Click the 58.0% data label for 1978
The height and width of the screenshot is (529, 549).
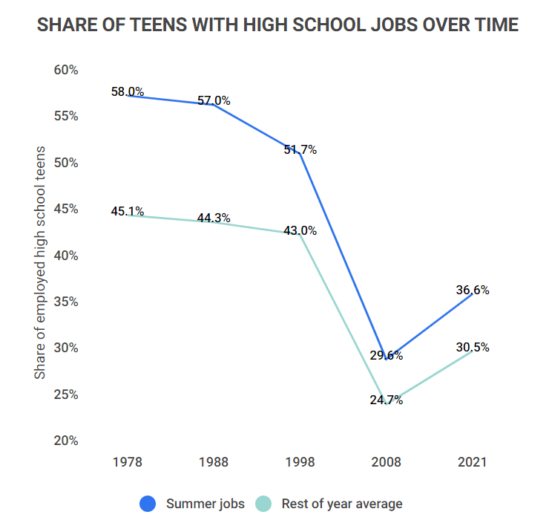point(128,92)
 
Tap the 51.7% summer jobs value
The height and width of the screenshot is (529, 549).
point(300,149)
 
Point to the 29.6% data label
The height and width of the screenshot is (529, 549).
point(386,355)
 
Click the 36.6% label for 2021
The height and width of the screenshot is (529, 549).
point(472,290)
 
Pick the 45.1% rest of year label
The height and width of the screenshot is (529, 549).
point(128,211)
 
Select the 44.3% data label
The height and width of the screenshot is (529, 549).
point(214,218)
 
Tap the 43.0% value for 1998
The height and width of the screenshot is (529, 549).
point(300,230)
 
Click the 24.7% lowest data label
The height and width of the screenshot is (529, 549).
point(386,400)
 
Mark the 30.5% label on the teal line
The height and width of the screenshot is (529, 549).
point(472,347)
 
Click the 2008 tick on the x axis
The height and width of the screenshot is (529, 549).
point(386,462)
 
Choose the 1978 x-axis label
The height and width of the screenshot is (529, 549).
point(128,462)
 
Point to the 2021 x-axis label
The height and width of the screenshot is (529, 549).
point(472,462)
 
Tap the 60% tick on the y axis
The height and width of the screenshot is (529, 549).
point(66,70)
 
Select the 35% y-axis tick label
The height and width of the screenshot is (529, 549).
point(66,302)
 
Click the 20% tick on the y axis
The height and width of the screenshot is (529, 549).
point(66,441)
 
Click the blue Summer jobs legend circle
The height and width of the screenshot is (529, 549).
point(148,504)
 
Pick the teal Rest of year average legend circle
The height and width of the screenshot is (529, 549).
point(263,504)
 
